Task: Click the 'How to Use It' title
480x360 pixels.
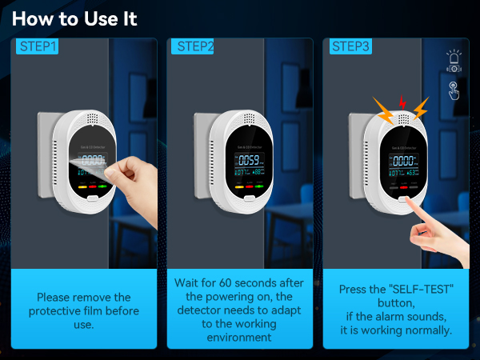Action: tap(74, 18)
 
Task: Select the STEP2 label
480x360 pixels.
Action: tap(193, 47)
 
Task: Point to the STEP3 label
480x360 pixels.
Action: tap(351, 47)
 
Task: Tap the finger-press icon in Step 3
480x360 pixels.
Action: tap(454, 90)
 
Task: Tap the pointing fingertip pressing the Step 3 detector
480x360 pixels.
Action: tap(412, 206)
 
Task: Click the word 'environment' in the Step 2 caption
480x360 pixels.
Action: tap(240, 337)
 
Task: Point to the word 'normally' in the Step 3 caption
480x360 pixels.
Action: tap(429, 330)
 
